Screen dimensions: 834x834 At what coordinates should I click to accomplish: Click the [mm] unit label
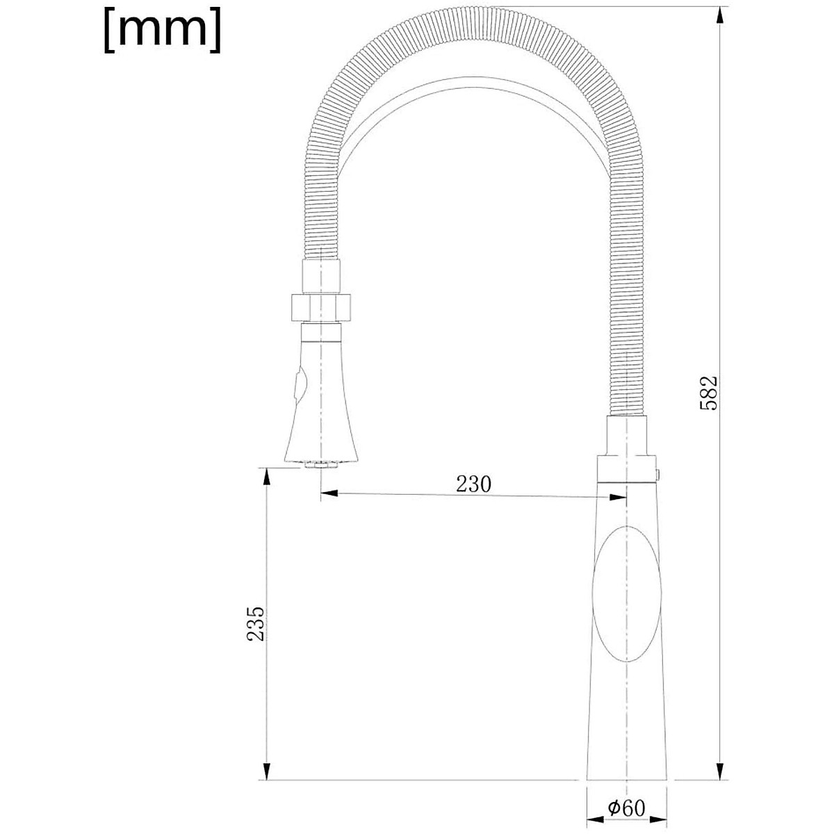[x=163, y=31]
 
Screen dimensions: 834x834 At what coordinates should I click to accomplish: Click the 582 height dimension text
[x=708, y=393]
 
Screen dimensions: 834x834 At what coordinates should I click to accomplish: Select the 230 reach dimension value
[x=473, y=484]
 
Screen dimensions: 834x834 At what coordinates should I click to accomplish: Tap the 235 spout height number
[x=256, y=623]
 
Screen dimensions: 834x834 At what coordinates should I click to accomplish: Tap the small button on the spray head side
[x=298, y=386]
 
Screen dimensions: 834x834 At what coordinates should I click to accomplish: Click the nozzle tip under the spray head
[x=320, y=464]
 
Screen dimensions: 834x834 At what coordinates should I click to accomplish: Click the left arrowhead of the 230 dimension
[x=329, y=494]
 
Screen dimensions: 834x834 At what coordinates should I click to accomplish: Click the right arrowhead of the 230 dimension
[x=617, y=496]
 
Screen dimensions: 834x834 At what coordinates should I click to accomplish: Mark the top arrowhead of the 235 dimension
[x=265, y=477]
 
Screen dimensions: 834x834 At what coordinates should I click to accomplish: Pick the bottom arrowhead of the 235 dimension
[x=265, y=771]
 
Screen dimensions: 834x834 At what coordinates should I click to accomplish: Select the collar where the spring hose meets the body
[x=628, y=435]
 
